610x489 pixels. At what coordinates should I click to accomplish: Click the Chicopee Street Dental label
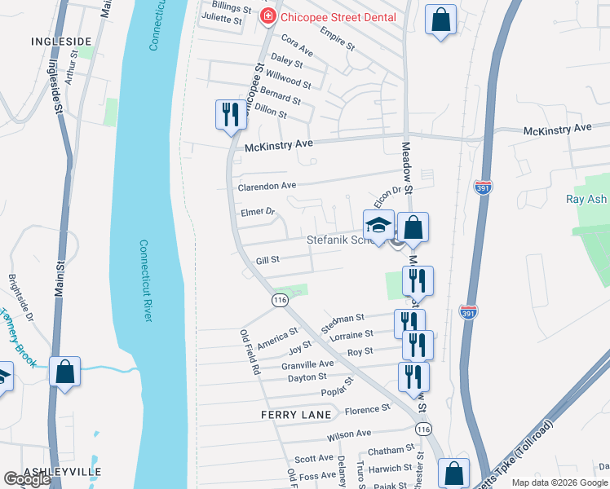click(x=338, y=17)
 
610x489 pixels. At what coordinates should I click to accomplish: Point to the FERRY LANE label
click(x=296, y=415)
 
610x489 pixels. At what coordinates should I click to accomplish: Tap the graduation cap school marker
click(x=378, y=227)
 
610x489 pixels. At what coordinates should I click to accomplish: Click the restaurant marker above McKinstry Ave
click(x=230, y=114)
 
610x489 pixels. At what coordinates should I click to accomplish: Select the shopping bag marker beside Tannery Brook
click(x=65, y=372)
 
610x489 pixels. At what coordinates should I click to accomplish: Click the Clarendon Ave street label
click(x=267, y=186)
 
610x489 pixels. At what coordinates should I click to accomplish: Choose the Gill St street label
click(x=268, y=260)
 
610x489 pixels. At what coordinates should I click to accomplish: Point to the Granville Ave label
click(x=307, y=364)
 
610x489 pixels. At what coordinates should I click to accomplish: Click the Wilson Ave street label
click(x=349, y=434)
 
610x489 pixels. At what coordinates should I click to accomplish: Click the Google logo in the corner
click(x=27, y=479)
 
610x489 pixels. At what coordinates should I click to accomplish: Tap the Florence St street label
click(x=368, y=409)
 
